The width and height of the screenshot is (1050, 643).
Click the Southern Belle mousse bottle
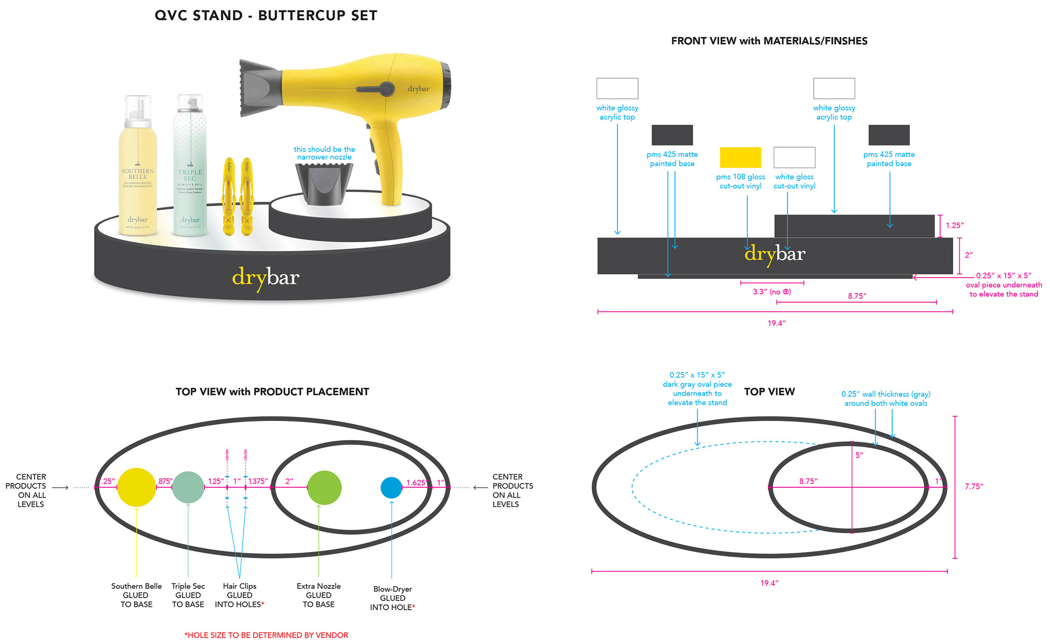(138, 175)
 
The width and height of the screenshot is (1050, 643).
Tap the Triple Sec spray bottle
(190, 175)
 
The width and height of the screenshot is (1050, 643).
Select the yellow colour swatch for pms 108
(740, 157)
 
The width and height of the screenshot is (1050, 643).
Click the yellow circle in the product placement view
(137, 487)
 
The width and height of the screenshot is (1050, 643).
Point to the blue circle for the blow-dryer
(392, 488)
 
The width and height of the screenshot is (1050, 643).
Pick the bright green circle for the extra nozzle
(324, 488)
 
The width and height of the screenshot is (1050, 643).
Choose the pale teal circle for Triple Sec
(188, 487)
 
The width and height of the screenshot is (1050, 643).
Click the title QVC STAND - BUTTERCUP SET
(266, 15)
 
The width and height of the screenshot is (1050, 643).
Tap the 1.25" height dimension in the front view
(955, 225)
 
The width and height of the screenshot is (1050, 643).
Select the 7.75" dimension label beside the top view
(974, 486)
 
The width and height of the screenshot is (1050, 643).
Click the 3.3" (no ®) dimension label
(772, 292)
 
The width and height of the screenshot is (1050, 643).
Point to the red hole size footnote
(266, 635)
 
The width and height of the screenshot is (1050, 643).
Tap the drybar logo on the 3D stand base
(266, 278)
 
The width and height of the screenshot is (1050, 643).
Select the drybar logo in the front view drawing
(775, 254)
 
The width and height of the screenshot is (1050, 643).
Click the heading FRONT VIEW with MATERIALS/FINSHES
(769, 41)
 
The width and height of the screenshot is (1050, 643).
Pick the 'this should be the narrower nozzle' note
(324, 153)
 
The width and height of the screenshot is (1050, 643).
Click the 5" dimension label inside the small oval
(859, 455)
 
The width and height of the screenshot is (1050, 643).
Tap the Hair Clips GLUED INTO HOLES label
(240, 595)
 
